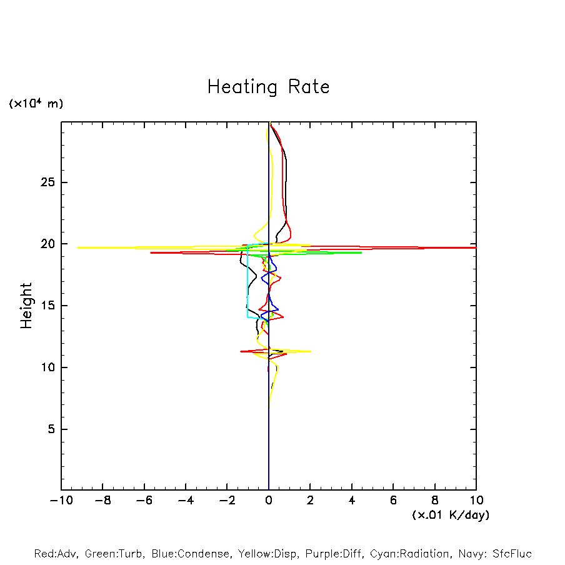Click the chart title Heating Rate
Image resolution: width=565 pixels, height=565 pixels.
[268, 87]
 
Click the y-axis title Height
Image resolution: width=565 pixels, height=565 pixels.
[26, 306]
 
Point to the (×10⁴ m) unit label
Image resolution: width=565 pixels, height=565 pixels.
[36, 104]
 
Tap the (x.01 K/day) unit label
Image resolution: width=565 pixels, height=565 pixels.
[450, 515]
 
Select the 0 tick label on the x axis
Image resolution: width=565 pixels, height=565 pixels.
[269, 501]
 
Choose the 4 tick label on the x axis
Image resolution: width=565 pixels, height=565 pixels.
[352, 501]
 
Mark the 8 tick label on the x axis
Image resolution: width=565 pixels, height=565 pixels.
[435, 501]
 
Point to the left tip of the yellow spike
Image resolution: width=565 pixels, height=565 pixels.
[78, 247]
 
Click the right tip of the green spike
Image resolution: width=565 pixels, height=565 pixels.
[361, 252]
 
